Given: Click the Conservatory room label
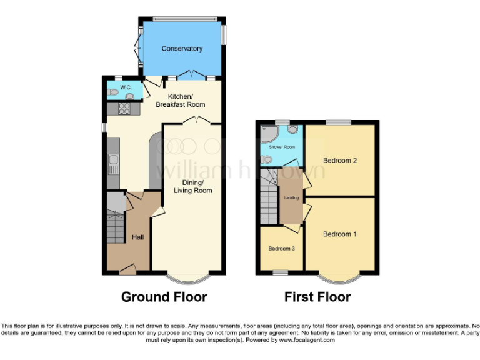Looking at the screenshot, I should click(182, 49).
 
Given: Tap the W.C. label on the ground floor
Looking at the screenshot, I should click(117, 87).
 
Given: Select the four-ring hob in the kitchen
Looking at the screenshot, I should click(123, 109).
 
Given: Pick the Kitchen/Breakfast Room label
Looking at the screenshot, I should click(181, 101).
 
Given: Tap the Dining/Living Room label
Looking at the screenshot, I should click(192, 186).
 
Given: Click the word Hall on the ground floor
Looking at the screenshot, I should click(137, 237).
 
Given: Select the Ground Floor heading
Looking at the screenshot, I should click(164, 297).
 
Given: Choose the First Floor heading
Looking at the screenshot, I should click(317, 297).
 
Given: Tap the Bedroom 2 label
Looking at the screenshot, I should click(340, 161).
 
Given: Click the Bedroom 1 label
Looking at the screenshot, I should click(340, 234).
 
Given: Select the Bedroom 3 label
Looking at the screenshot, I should click(281, 249).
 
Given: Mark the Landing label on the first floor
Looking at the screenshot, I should click(291, 198).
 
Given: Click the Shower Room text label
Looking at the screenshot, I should click(281, 147).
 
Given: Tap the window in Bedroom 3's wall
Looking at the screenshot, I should click(281, 272).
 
